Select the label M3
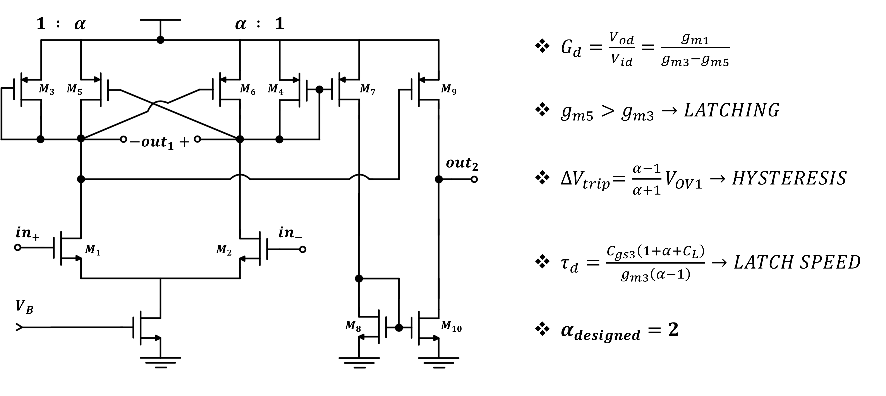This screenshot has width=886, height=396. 46,90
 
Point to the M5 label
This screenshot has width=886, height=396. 74,90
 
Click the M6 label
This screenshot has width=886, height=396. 247,90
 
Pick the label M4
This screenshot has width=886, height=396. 275,90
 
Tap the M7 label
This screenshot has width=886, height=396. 367,90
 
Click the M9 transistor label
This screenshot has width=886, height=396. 448,90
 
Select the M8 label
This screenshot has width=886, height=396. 353,327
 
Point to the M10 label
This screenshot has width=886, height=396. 451,327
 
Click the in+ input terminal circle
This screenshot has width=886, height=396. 17,247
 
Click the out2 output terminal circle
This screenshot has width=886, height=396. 474,179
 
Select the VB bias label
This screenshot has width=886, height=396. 24,307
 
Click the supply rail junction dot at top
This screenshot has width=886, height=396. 160,40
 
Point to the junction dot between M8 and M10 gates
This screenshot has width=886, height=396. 399,327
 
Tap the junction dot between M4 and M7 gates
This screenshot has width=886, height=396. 319,90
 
